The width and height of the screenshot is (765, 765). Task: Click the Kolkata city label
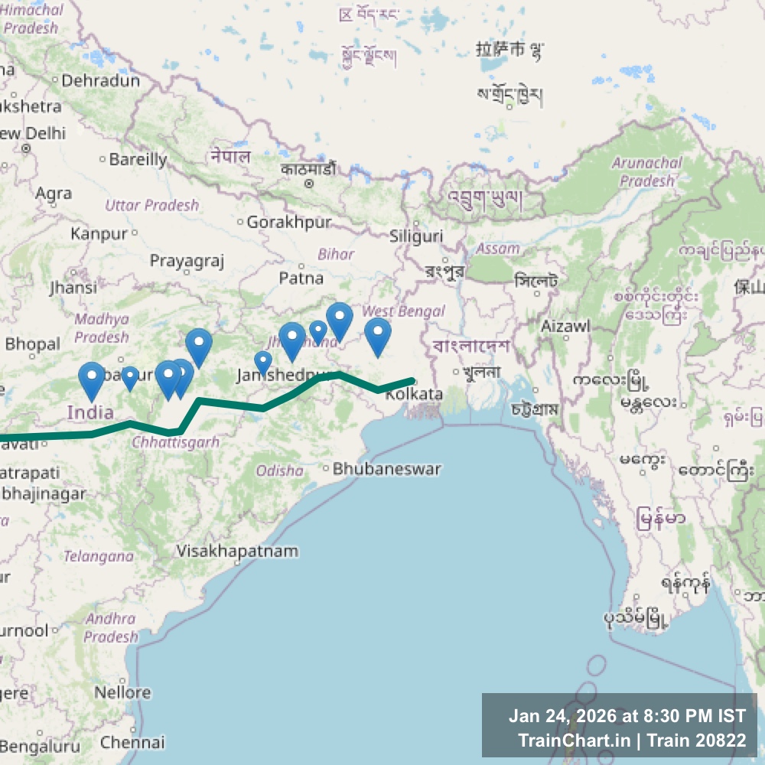tap(414, 394)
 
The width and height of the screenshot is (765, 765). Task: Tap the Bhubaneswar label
tap(387, 468)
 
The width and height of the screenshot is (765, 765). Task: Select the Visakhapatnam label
tap(237, 551)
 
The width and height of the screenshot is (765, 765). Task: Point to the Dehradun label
tap(101, 80)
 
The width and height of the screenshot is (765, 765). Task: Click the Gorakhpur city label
tap(289, 222)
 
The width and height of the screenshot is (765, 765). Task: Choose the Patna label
tap(301, 278)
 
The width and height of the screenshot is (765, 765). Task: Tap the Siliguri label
tap(416, 236)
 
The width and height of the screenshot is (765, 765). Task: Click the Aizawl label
tap(565, 326)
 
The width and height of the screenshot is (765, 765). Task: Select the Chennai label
tap(132, 742)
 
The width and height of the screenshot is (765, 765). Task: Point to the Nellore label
tap(122, 692)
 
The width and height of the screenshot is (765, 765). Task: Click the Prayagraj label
tap(187, 262)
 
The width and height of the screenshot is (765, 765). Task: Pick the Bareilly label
tap(138, 160)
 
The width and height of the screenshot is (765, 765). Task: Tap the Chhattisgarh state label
tap(175, 442)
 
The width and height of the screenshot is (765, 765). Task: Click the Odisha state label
tap(279, 470)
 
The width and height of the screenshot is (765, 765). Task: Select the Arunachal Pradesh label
tap(647, 172)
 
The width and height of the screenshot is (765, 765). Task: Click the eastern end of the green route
tap(412, 380)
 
